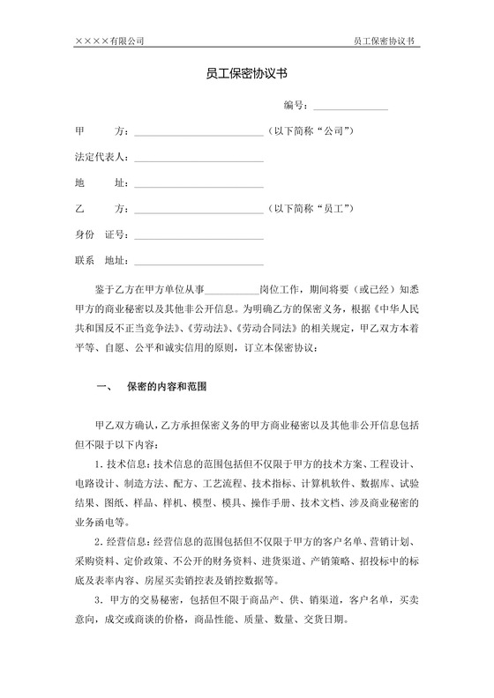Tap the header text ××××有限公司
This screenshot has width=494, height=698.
point(109,41)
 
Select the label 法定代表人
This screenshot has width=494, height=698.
point(101,158)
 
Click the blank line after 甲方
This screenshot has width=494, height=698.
point(198,134)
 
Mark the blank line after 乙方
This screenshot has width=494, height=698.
point(198,211)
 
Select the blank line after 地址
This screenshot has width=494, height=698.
point(198,185)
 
